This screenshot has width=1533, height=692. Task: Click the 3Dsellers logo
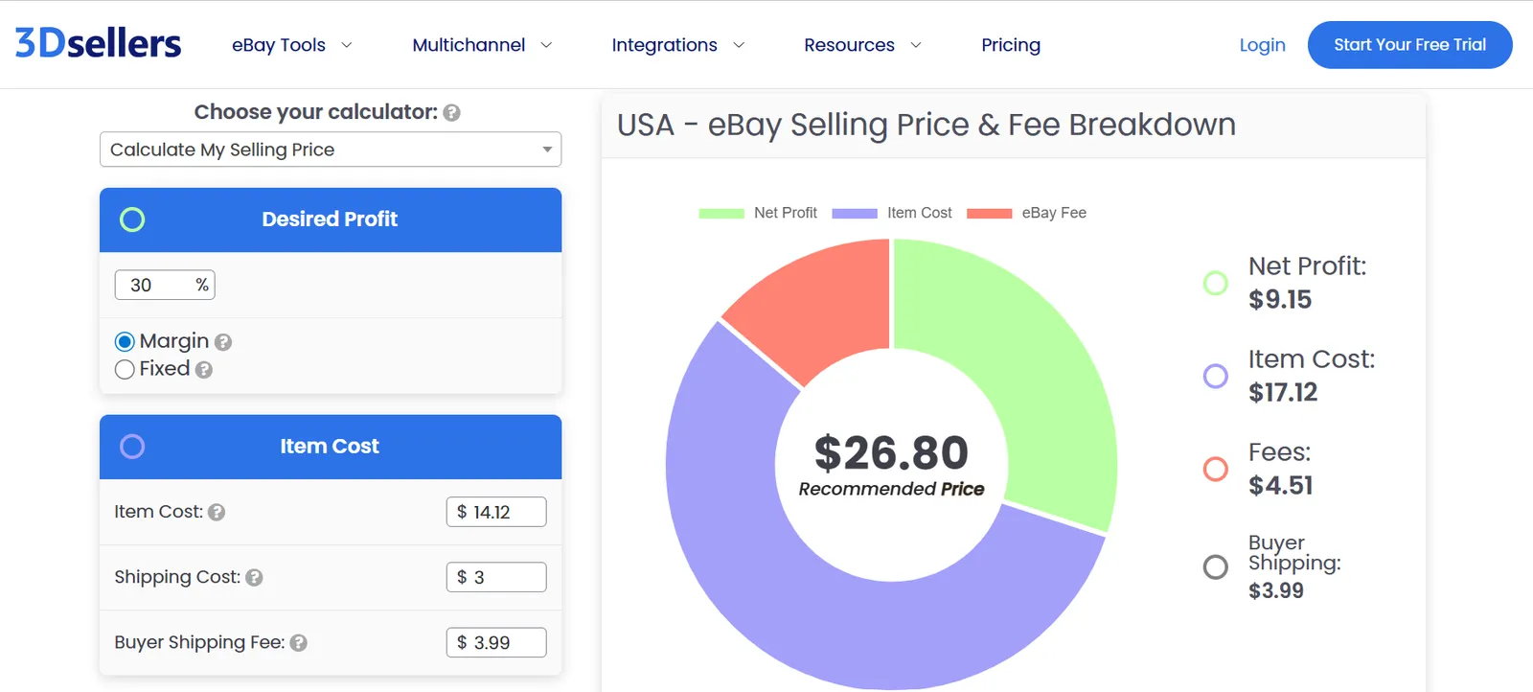pyautogui.click(x=98, y=43)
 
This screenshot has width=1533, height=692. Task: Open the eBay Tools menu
pyautogui.click(x=291, y=45)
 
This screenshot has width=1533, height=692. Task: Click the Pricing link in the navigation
pyautogui.click(x=1010, y=45)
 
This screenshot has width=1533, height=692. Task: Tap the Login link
pyautogui.click(x=1262, y=45)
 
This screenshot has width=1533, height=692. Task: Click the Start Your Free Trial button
pyautogui.click(x=1409, y=45)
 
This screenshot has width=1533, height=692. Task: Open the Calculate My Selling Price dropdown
pyautogui.click(x=330, y=150)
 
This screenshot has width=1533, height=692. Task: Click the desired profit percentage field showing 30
pyautogui.click(x=158, y=285)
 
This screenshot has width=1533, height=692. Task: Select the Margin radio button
pyautogui.click(x=125, y=342)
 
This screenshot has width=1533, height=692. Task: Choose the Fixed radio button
pyautogui.click(x=125, y=370)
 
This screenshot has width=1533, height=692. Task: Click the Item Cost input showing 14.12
pyautogui.click(x=496, y=512)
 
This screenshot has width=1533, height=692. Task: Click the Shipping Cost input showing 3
pyautogui.click(x=496, y=577)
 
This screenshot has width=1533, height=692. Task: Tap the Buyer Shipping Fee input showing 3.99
pyautogui.click(x=496, y=642)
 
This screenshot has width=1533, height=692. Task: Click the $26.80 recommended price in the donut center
pyautogui.click(x=891, y=453)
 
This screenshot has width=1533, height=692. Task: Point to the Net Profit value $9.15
pyautogui.click(x=1280, y=300)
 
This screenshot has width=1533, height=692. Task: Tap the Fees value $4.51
pyautogui.click(x=1280, y=486)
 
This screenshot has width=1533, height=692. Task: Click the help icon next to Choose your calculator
pyautogui.click(x=452, y=113)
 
